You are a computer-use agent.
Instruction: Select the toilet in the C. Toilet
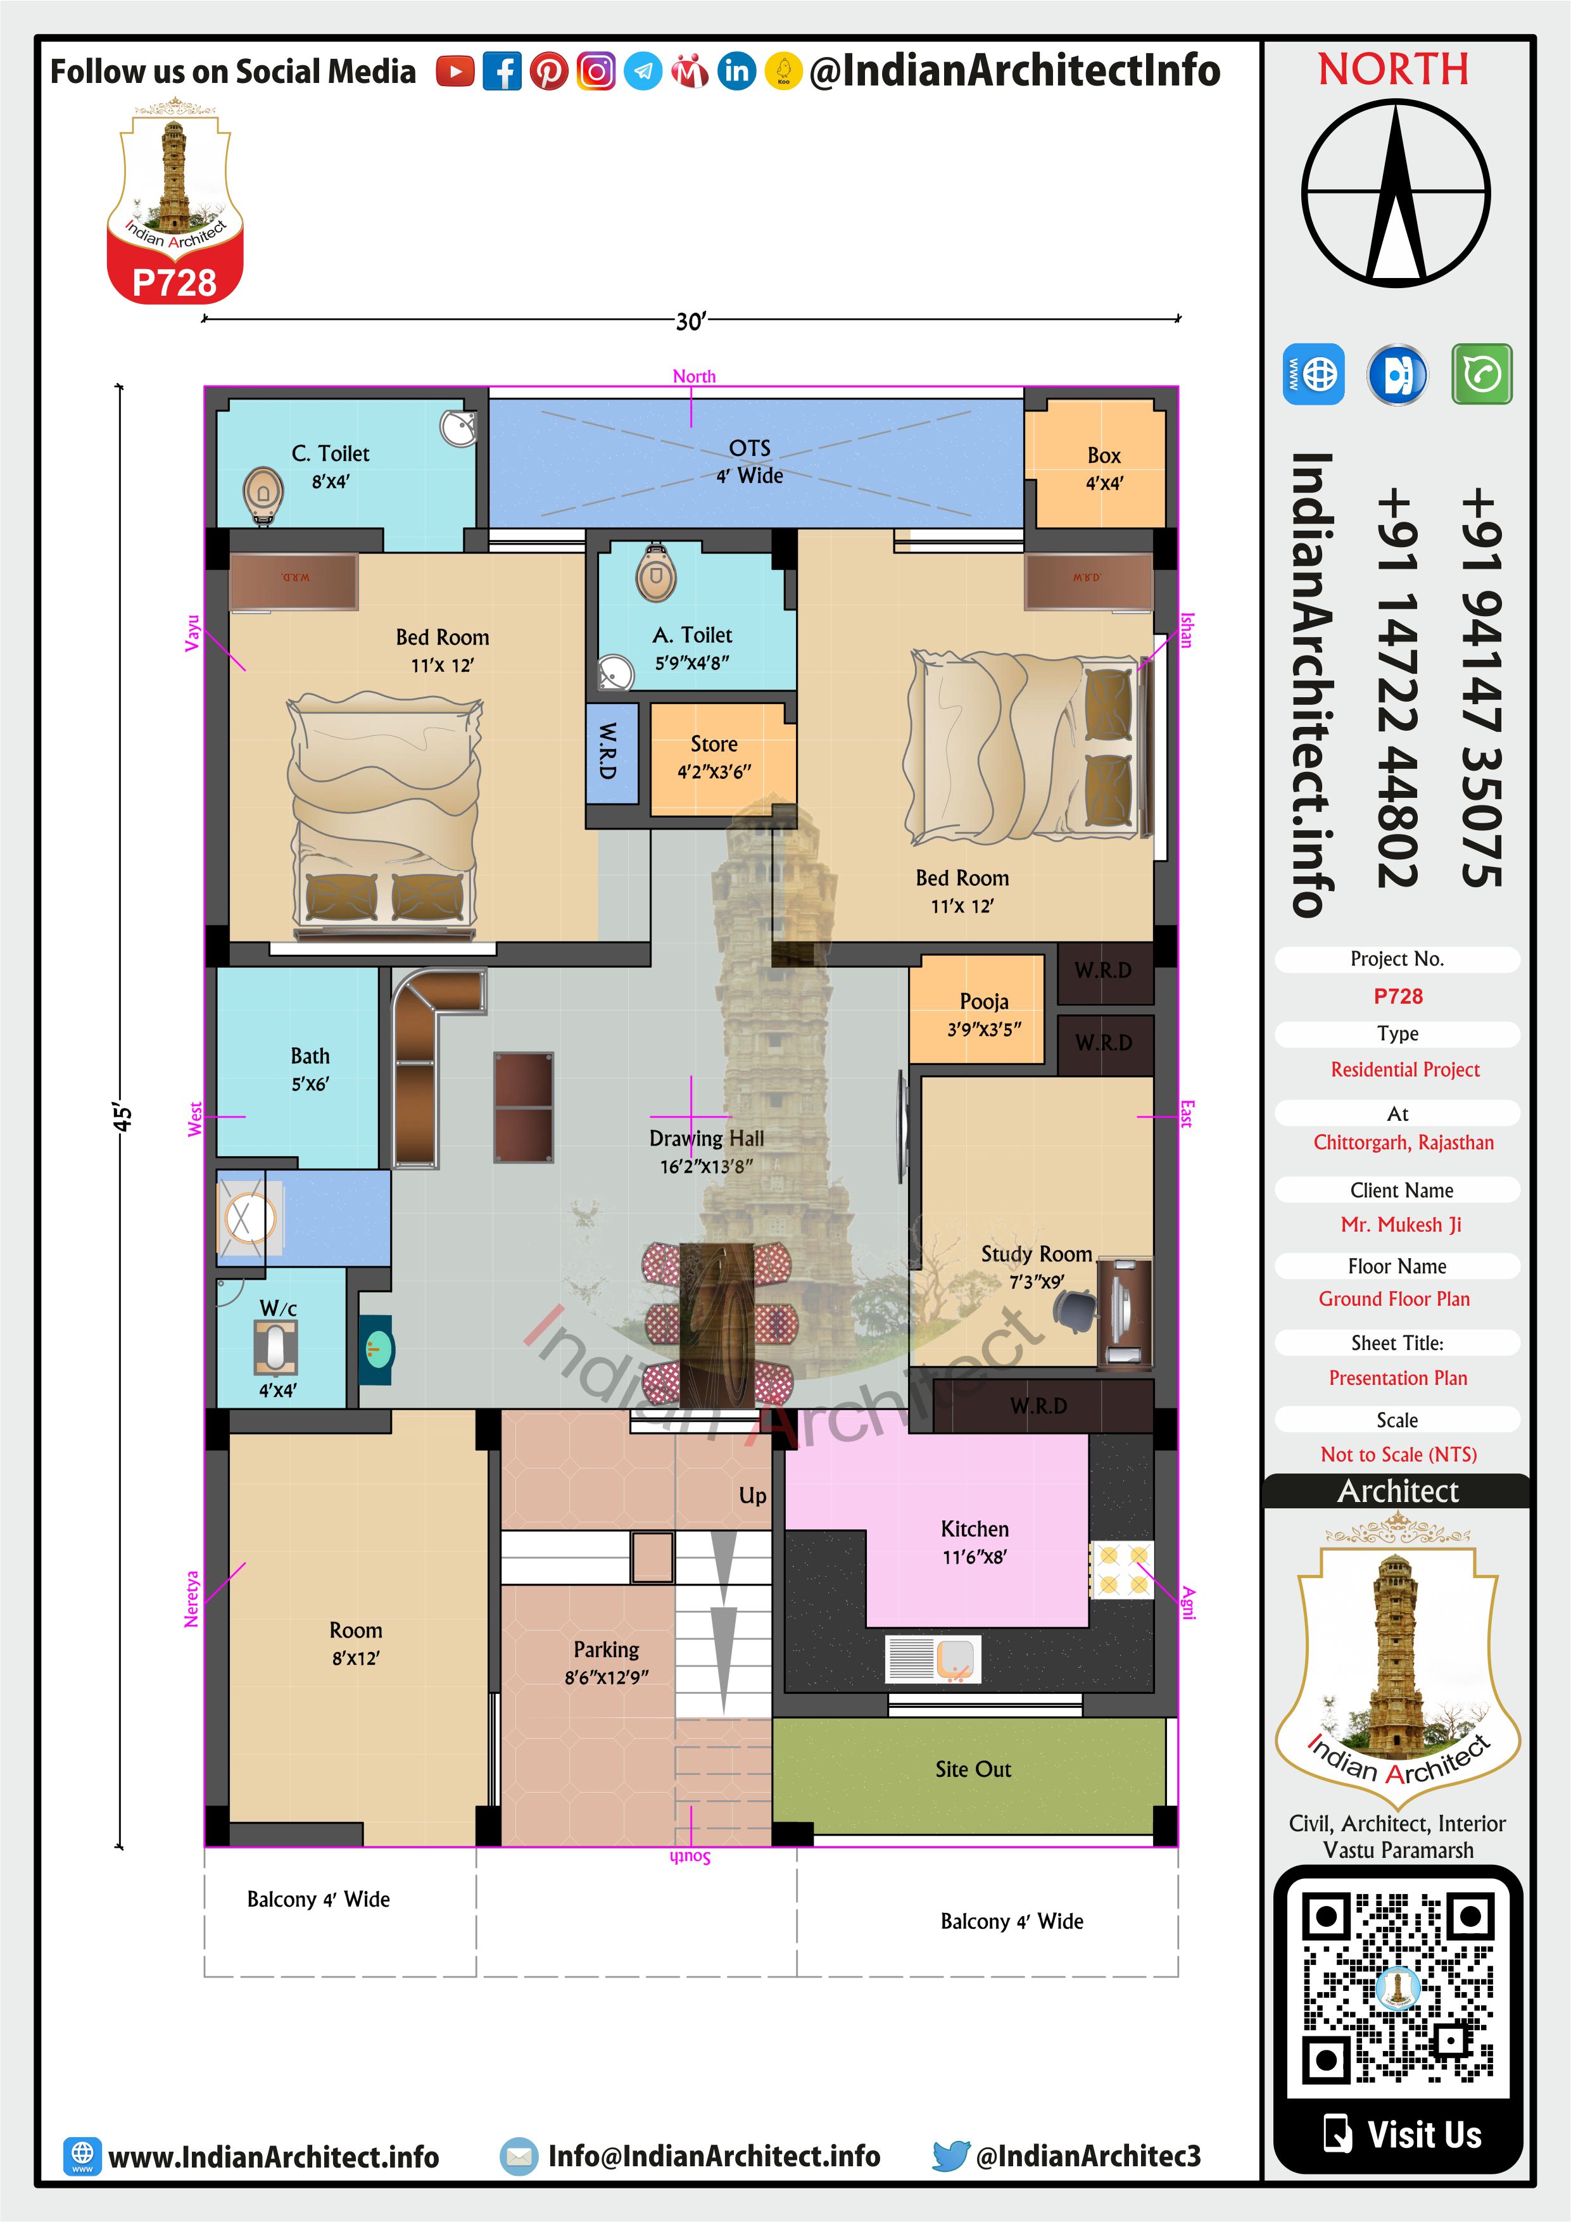262,493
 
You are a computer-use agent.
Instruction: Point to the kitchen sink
933,1659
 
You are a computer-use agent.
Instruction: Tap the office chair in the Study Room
1075,1310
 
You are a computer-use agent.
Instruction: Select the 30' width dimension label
691,320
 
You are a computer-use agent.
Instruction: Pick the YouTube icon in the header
455,72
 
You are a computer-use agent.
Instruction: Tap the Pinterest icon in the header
549,72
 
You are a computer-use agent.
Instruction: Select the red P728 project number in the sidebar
1397,996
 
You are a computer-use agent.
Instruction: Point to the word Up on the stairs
752,1496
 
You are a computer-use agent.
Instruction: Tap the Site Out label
973,1769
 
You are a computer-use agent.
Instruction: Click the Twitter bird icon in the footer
950,2156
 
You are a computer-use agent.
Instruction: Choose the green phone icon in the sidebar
1481,374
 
